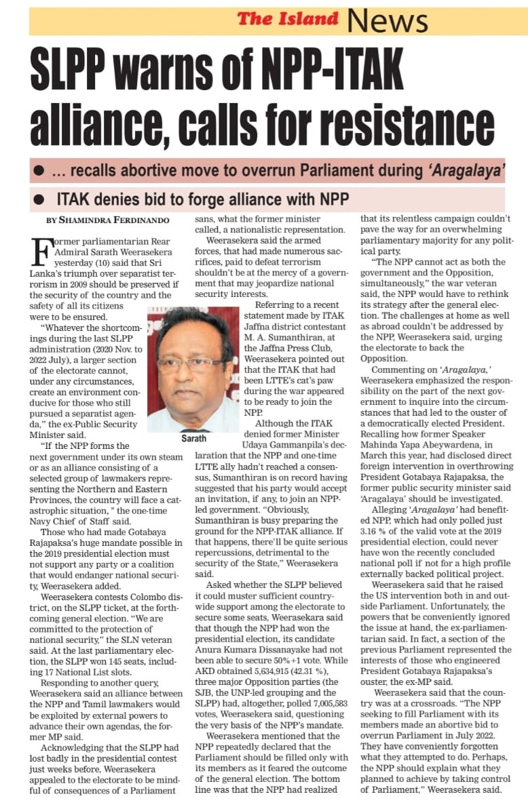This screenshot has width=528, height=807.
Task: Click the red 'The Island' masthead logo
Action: [288, 19]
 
